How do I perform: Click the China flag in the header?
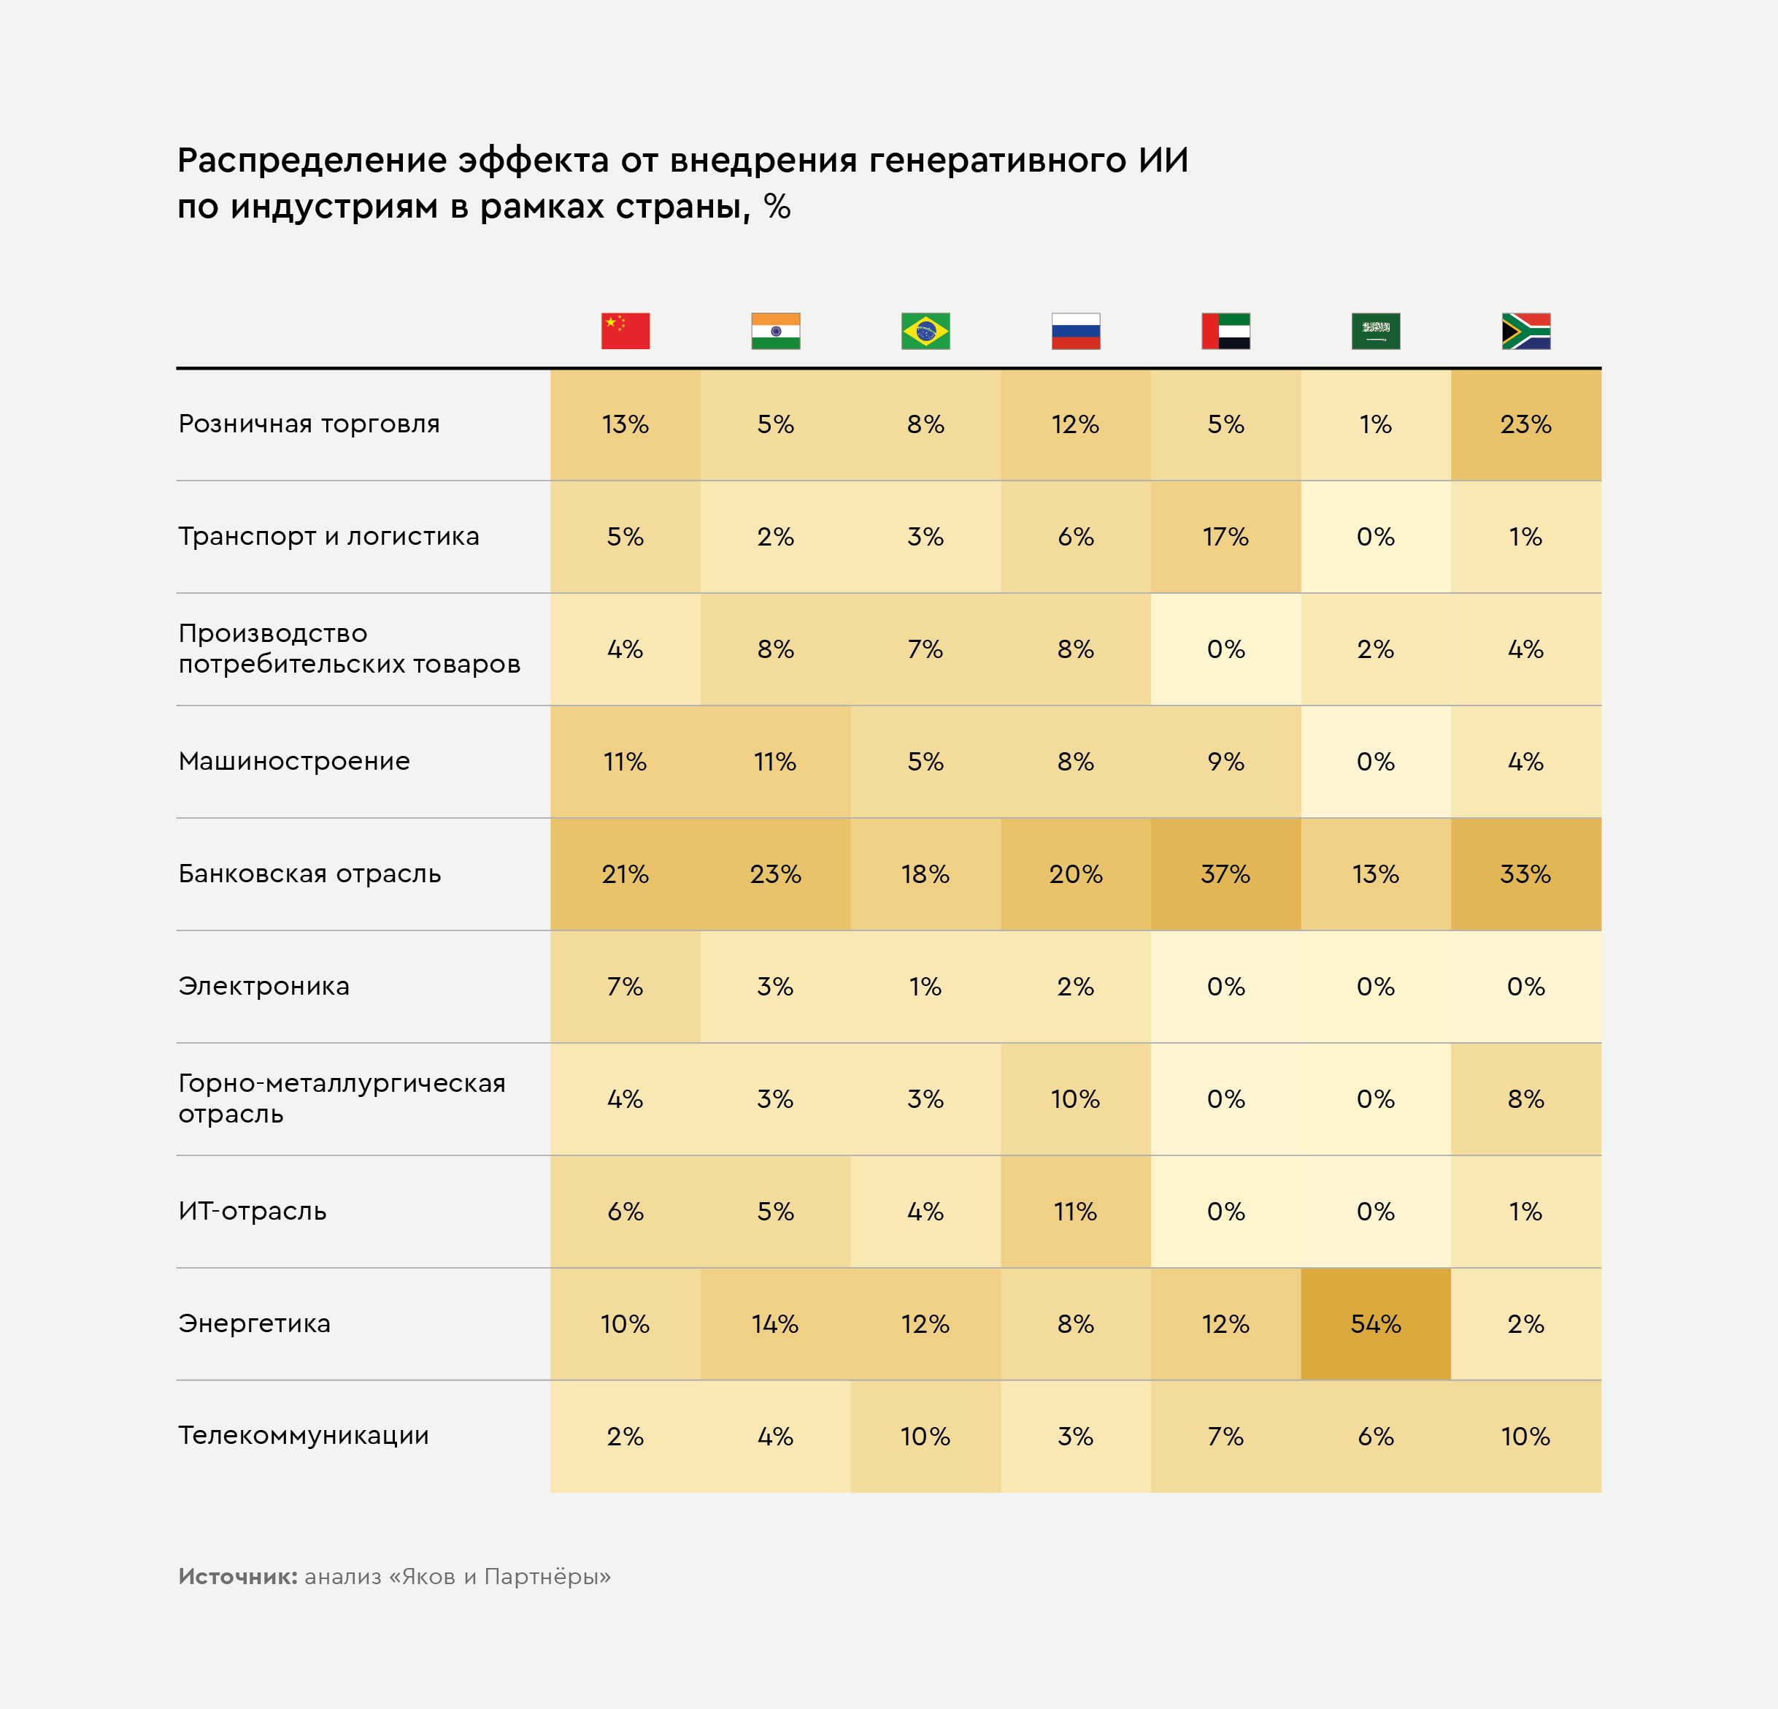point(625,332)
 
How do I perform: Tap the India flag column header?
point(776,332)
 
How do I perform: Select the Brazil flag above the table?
point(925,332)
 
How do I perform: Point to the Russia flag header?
point(1076,332)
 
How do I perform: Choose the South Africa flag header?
point(1525,332)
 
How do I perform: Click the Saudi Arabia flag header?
point(1375,332)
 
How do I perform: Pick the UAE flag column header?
point(1225,332)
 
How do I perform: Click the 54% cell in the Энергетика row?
point(1375,1324)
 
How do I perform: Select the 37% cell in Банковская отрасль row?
point(1225,874)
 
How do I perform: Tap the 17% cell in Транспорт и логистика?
point(1225,536)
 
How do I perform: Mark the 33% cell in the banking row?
point(1525,874)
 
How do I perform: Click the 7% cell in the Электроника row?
point(625,987)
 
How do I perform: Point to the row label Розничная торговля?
point(309,424)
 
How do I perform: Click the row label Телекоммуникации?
point(303,1435)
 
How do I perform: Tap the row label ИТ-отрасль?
point(253,1211)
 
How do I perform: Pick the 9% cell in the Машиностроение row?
point(1225,762)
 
